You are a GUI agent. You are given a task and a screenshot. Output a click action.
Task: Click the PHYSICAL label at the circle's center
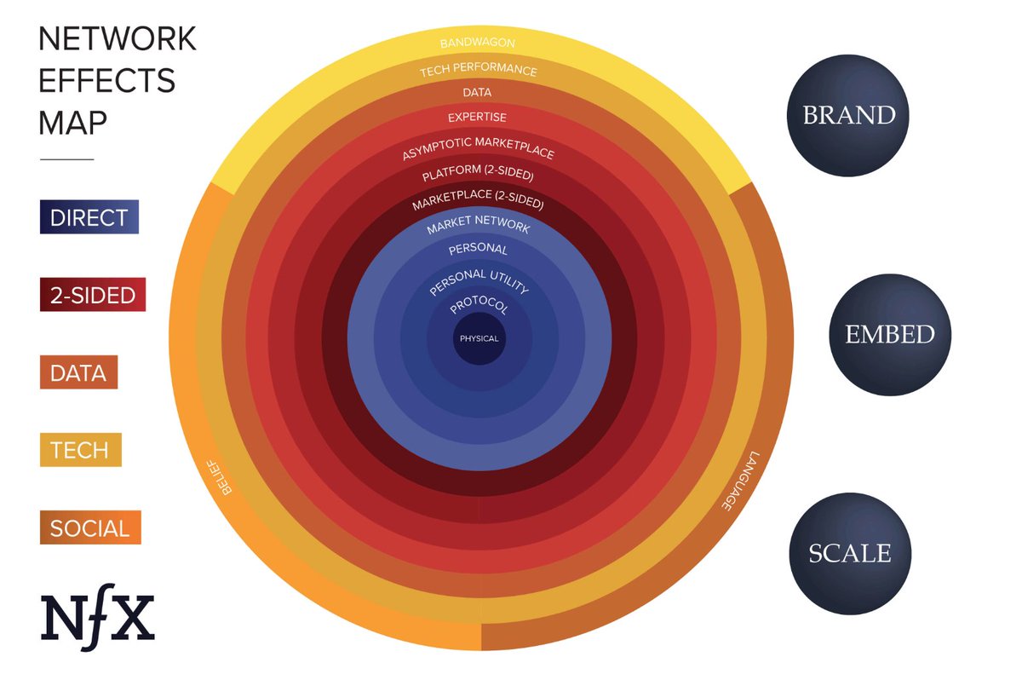(479, 339)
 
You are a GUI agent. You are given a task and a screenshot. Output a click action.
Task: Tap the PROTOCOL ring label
(479, 306)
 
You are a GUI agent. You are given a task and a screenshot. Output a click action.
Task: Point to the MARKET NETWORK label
(479, 228)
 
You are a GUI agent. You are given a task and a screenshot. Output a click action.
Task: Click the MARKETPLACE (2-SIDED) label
(478, 205)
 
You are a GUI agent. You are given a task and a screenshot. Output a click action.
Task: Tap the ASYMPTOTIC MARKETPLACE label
(478, 153)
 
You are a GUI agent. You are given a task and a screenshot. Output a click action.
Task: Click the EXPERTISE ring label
(478, 118)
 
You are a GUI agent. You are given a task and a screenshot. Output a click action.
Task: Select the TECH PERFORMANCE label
(478, 71)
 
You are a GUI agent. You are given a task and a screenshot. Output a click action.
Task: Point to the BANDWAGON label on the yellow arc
(478, 42)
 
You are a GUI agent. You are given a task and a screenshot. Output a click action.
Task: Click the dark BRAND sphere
(849, 115)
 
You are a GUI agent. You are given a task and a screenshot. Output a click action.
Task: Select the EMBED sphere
(889, 335)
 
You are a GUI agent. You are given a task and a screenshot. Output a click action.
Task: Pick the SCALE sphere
(849, 553)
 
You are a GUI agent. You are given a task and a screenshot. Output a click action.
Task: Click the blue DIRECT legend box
(89, 216)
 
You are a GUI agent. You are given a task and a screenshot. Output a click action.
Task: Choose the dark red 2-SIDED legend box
(92, 295)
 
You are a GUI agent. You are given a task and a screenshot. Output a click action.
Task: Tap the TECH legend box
(80, 449)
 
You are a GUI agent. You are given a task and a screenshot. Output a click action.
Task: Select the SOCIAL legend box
(89, 527)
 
